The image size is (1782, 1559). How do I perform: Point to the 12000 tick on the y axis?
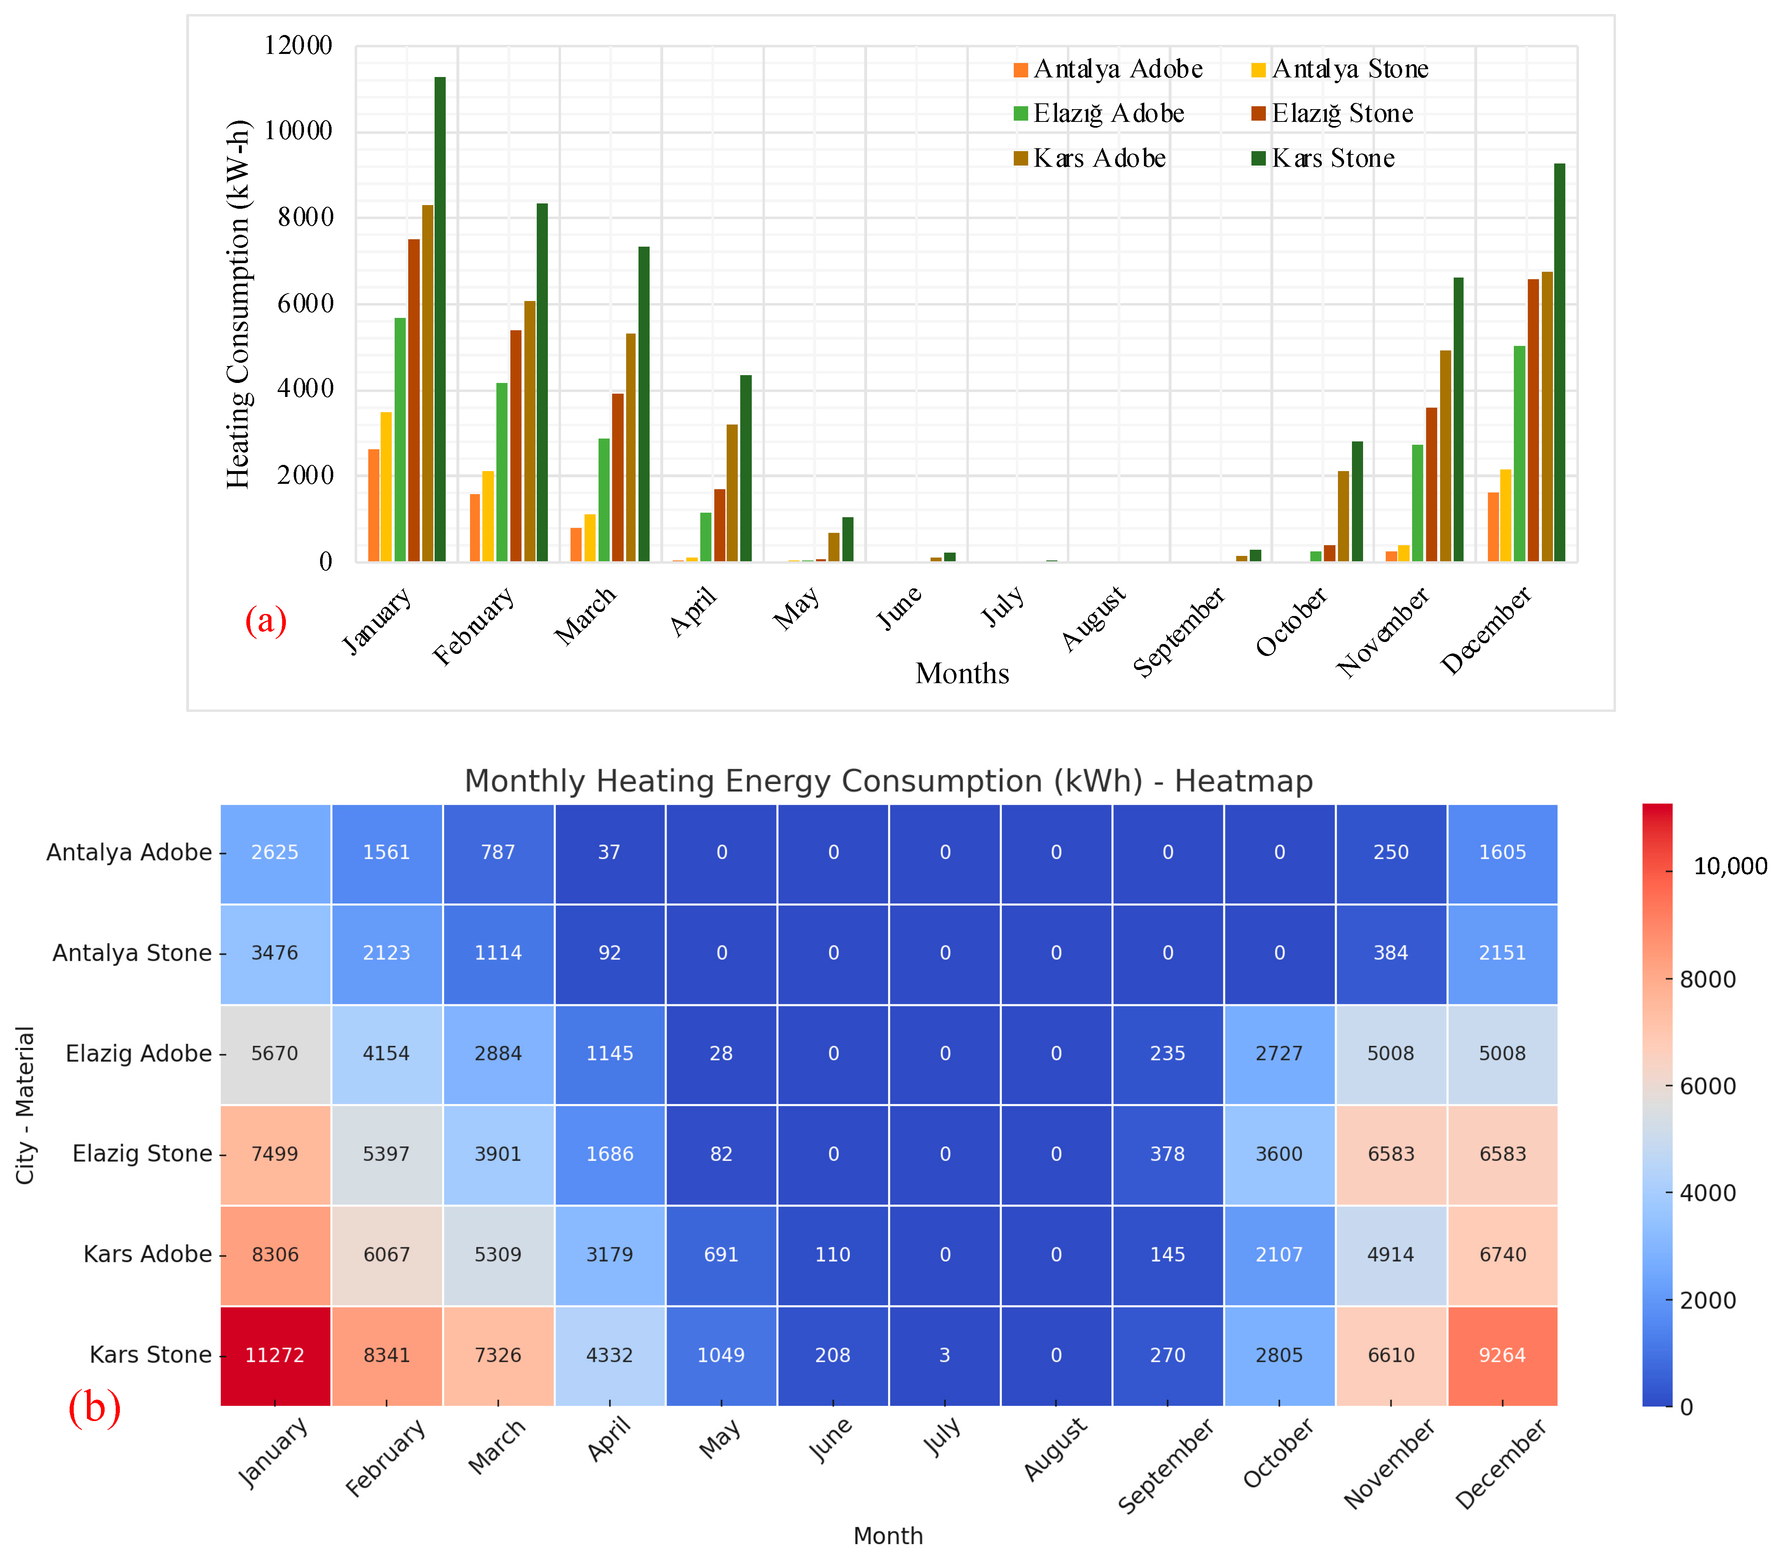tap(299, 45)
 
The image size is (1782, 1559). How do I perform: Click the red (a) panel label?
tap(265, 621)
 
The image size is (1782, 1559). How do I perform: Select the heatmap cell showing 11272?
tap(275, 1355)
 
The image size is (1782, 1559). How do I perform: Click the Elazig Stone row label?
tap(142, 1153)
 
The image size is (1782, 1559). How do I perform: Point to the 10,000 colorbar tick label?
tap(1730, 866)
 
